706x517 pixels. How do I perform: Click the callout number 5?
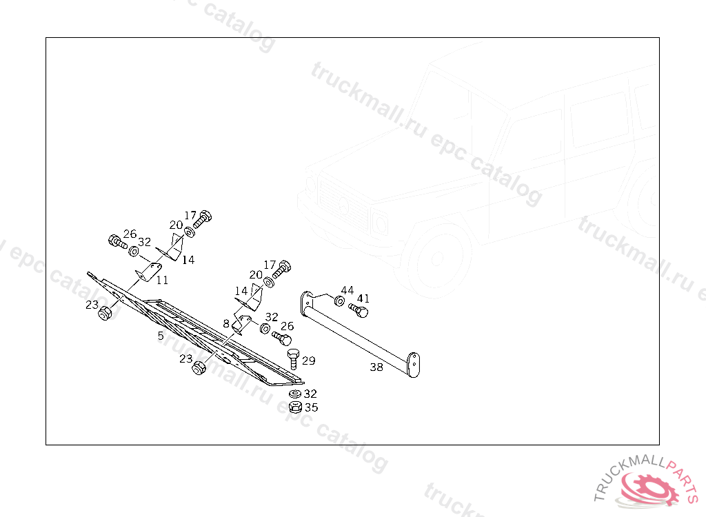click(x=161, y=336)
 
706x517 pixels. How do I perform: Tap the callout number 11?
click(x=162, y=280)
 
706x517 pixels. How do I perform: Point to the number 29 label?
click(x=308, y=361)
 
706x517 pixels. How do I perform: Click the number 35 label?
click(x=311, y=407)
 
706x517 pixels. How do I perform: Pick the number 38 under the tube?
click(x=376, y=367)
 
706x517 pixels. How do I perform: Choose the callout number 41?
click(x=363, y=298)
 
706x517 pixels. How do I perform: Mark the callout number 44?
click(x=347, y=290)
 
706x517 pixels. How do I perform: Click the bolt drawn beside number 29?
click(x=292, y=358)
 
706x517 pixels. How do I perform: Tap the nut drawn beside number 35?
click(x=295, y=407)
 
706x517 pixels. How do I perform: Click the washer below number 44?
click(x=339, y=301)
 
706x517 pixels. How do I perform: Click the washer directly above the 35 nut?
click(x=294, y=394)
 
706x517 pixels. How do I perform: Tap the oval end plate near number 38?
click(x=414, y=364)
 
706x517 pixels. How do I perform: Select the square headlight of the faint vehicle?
click(x=379, y=222)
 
